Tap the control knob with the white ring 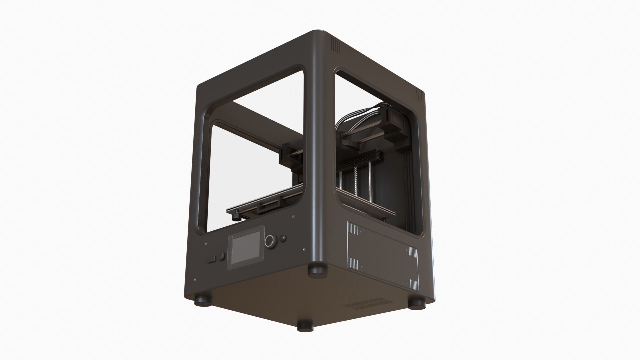[x=271, y=241]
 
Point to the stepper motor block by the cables [x=395, y=125]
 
